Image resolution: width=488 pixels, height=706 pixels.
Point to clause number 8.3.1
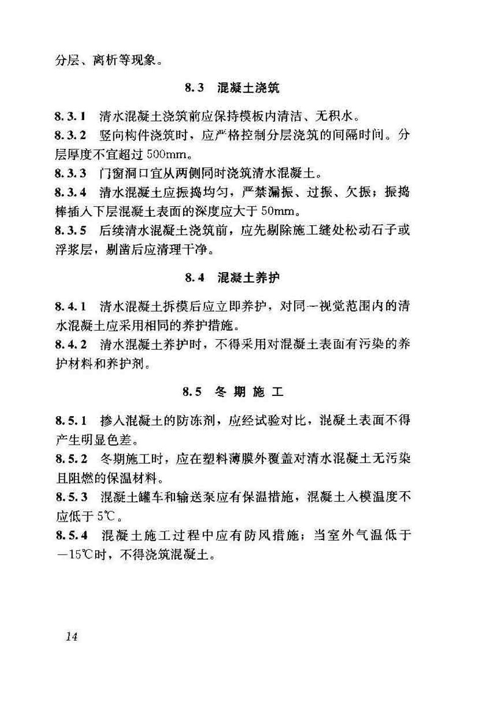68,115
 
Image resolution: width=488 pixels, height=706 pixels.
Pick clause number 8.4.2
68,344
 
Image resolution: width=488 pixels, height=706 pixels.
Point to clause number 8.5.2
68,458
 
